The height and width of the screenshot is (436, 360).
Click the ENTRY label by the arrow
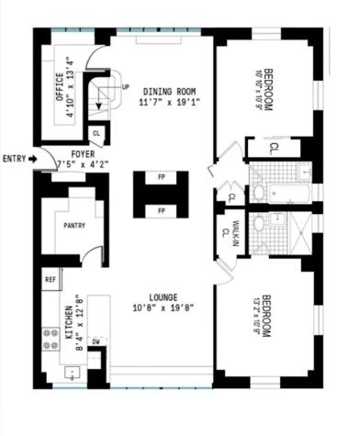tap(14, 159)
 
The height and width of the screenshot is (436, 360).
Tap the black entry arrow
tap(32, 159)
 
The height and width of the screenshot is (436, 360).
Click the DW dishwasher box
tap(96, 341)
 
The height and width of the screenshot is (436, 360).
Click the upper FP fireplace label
tap(161, 177)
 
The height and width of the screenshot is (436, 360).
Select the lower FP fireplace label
tap(161, 211)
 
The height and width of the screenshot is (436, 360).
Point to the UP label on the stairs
tap(125, 87)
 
